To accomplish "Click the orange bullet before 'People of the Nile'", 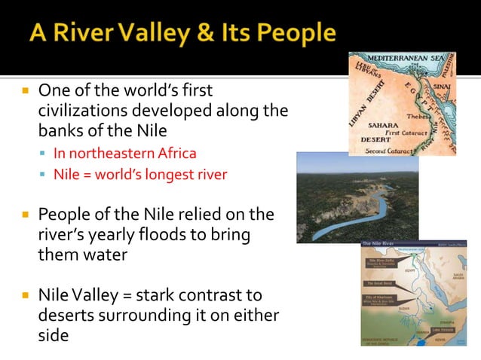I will [26, 215].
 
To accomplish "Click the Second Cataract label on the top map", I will [389, 150].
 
